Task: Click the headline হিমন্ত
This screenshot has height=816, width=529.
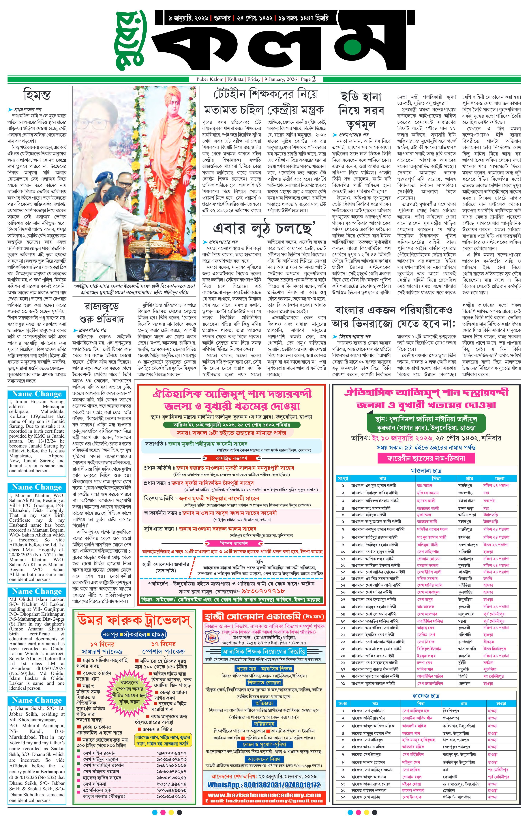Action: pyautogui.click(x=37, y=94)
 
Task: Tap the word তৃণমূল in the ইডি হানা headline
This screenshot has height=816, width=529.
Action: pyautogui.click(x=361, y=124)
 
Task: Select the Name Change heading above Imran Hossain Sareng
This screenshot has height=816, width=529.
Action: pyautogui.click(x=37, y=394)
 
